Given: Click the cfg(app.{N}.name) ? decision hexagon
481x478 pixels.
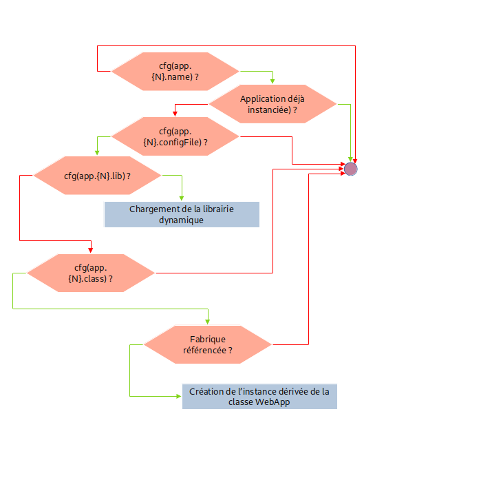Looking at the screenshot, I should point(175,72).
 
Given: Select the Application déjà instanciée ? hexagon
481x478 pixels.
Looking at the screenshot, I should point(272,105).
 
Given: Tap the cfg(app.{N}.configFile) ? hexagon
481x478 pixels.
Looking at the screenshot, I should point(175,136).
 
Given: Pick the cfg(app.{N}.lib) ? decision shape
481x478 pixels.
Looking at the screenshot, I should point(97,176).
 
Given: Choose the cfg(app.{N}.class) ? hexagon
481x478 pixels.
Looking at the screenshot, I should point(91,273).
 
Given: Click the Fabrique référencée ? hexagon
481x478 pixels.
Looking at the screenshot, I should point(207,344).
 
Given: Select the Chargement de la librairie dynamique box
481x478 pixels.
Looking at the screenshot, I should point(182,214).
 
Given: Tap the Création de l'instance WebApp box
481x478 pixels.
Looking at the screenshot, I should point(259,397).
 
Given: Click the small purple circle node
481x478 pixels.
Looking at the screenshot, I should point(351,169).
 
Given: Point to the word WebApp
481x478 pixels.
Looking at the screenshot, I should point(272,402).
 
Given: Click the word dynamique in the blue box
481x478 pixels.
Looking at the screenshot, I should point(182,220).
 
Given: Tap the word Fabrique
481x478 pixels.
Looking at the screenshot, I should point(207,339).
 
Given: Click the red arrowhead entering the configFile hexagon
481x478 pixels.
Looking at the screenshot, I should point(175,114).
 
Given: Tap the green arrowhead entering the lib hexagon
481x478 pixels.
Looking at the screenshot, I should point(97,153).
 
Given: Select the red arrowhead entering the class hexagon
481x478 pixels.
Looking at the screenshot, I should point(91,251).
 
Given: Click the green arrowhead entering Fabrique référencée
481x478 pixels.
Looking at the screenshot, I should point(207,322).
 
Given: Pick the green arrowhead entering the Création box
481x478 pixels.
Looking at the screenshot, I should point(178,397).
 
